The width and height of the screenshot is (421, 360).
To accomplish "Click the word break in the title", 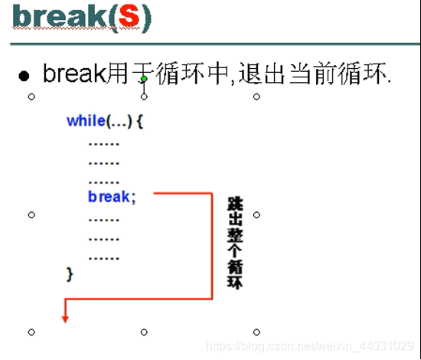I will pos(51,18).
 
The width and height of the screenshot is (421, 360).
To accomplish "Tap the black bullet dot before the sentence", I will pos(25,76).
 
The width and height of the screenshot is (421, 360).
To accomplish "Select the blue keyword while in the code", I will pos(86,121).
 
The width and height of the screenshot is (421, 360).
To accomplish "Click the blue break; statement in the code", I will pos(112,197).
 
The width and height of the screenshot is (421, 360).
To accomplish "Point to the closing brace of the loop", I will pos(70,273).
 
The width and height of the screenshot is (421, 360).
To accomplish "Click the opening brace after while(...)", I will pos(141,121).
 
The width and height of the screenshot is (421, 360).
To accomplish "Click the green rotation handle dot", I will pos(144,80).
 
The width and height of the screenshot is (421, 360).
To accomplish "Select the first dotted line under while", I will pos(103,142).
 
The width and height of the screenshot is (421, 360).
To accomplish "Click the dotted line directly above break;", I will pos(103,181).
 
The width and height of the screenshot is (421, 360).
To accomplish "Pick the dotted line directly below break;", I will pos(103,218).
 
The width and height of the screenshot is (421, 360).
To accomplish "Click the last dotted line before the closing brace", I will pos(103,257).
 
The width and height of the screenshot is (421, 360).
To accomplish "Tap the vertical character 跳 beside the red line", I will pos(235,205).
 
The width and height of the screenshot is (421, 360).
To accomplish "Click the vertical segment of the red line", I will pos(212,245).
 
